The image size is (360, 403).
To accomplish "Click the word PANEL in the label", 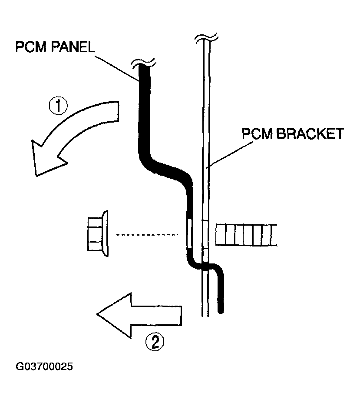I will tap(74, 47).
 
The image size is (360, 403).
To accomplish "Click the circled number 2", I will tap(155, 342).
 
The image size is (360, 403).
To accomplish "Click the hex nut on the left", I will tap(98, 235).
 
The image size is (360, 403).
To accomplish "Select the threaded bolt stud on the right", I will tap(245, 235).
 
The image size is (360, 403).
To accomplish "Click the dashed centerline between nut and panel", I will tap(148, 235).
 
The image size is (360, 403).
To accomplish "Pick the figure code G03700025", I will tap(44, 366).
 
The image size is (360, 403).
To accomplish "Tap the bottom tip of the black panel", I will tap(221, 309).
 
